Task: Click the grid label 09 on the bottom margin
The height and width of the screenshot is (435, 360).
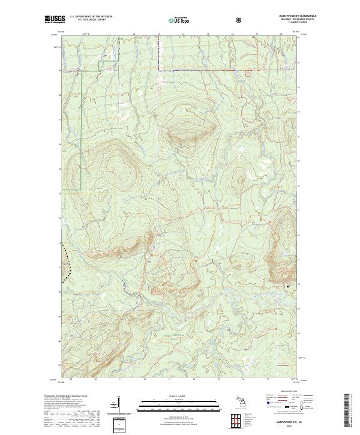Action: tap(71, 379)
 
